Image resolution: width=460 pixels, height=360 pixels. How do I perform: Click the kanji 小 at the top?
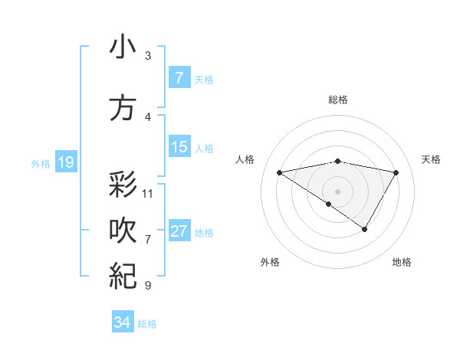[x=123, y=47]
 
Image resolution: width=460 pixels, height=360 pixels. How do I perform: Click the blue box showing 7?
[x=179, y=78]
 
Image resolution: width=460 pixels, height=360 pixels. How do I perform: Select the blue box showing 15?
[x=179, y=147]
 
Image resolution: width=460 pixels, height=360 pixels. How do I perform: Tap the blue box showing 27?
[x=179, y=231]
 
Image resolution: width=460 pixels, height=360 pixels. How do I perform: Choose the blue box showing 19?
[x=65, y=162]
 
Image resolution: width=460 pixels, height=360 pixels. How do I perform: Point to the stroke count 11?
[x=149, y=193]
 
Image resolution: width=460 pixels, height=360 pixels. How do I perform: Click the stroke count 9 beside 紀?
[x=148, y=286]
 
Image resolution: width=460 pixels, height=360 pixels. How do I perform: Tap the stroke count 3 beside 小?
[x=148, y=56]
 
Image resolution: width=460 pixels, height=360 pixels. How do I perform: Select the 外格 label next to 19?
[x=41, y=164]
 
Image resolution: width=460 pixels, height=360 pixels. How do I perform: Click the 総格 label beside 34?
[x=147, y=324]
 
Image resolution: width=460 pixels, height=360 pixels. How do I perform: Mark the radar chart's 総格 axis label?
[x=337, y=100]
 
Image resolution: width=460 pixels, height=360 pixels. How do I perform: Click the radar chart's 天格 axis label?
[x=431, y=159]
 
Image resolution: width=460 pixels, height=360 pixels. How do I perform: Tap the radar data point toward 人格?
[x=280, y=172]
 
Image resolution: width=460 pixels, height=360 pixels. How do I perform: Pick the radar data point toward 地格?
[x=365, y=229]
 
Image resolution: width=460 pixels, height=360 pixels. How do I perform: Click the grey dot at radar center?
[x=337, y=191]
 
